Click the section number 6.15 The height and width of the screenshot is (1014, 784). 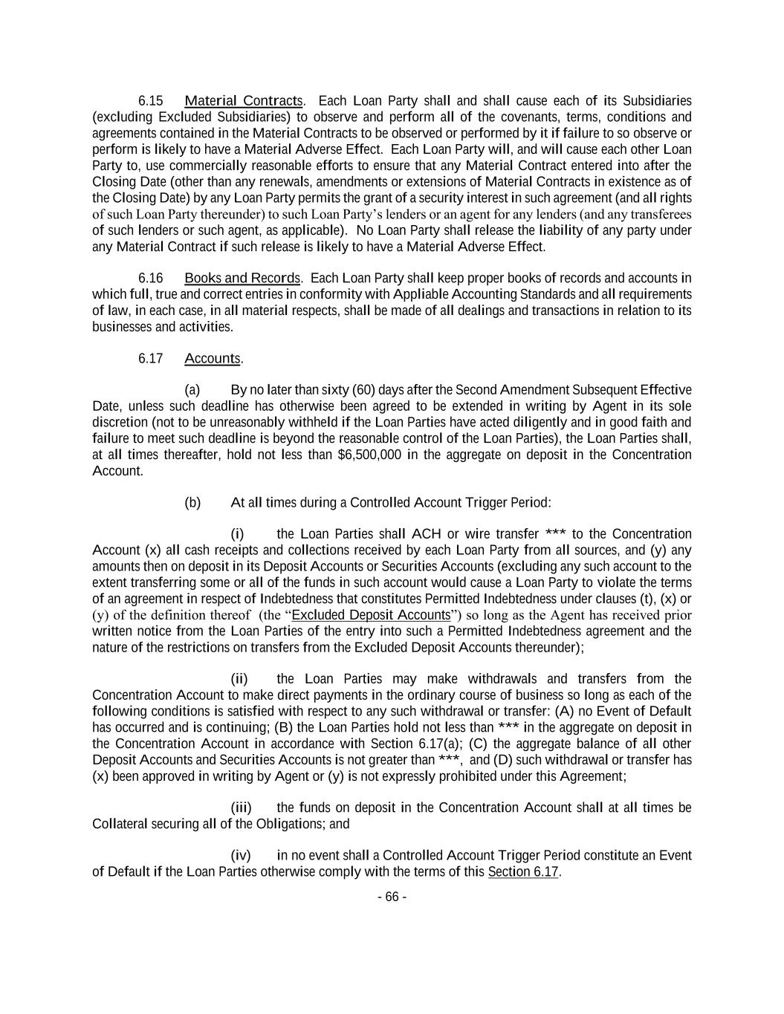point(151,100)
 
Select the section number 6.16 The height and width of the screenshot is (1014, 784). point(151,278)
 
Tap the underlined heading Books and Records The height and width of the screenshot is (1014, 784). point(242,278)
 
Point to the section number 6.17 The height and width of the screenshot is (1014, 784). point(151,358)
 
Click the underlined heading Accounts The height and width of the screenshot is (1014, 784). point(213,358)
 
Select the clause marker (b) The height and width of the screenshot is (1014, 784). point(192,502)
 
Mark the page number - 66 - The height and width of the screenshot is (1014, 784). point(392,897)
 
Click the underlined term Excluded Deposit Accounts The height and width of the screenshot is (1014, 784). point(372,615)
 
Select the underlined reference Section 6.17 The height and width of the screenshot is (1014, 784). point(522,871)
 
